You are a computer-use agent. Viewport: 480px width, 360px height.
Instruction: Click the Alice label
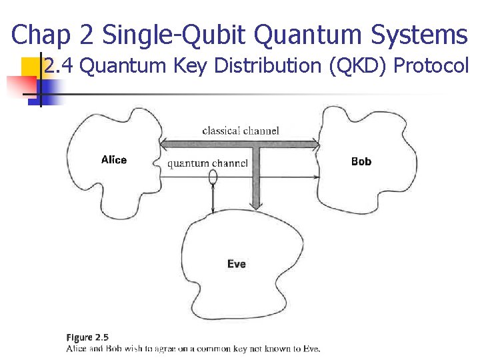click(113, 160)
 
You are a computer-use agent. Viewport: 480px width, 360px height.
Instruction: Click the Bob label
click(361, 161)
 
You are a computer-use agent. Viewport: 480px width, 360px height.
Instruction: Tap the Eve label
click(236, 264)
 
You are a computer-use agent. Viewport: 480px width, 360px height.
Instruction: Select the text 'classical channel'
click(240, 131)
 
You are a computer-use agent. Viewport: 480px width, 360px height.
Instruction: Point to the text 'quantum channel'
click(207, 163)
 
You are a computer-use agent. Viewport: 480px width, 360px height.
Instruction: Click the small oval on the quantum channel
click(213, 177)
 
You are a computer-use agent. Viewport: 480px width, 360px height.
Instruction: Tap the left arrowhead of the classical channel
click(164, 143)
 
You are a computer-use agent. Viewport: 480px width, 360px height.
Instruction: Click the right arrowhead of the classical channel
click(316, 143)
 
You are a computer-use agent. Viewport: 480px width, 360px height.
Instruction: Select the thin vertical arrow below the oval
click(213, 198)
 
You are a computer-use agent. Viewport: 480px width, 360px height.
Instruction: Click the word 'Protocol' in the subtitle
click(435, 66)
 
